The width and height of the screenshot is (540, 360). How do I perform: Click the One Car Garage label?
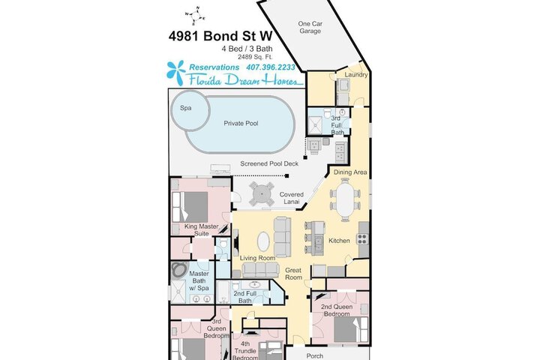coord(310,27)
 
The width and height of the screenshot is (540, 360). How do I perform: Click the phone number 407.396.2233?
coord(271,67)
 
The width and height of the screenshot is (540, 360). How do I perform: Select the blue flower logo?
coord(176,73)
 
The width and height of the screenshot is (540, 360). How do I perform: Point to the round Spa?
coord(190,110)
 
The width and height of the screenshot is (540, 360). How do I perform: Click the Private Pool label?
coord(241,123)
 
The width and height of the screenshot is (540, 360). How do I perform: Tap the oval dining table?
coord(345,199)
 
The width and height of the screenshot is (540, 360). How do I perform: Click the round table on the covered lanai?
coord(262,194)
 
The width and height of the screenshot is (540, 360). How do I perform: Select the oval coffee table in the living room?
coord(264,241)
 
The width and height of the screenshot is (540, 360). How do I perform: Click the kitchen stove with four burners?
coord(362,239)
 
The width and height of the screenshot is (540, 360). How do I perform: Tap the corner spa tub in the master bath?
coord(179,271)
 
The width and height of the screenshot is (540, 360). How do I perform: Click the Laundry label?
coord(356,75)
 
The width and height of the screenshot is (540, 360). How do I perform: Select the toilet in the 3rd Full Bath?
coord(328,112)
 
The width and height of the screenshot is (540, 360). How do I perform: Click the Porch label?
coord(315,355)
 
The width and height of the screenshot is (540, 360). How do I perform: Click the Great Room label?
coord(293,274)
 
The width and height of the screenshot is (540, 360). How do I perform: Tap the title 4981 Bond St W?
coord(220,36)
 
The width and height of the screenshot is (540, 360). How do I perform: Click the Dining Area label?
coord(350,172)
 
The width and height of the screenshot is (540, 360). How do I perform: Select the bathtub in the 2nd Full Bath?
coord(223,292)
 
